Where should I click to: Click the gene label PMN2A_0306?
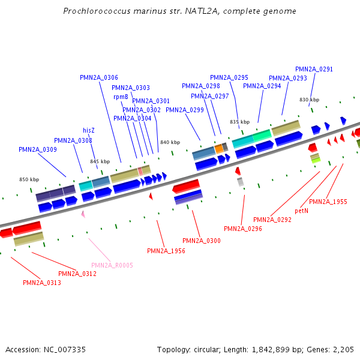tap(99, 77)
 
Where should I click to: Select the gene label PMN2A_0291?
tap(314, 69)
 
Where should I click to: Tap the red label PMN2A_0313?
tap(42, 283)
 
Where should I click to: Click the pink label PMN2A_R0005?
tap(112, 265)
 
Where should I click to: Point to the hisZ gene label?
tap(89, 130)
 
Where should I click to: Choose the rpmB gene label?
tap(121, 97)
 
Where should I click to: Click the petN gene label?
tap(302, 211)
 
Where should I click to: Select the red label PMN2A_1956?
tap(166, 250)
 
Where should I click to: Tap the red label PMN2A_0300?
tap(202, 241)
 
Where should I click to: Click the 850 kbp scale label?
tap(29, 179)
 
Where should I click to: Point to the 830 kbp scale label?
tap(309, 100)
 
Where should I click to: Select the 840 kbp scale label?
tap(170, 142)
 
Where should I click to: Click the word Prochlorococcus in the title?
tap(97, 11)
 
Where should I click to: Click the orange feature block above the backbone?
tap(219, 148)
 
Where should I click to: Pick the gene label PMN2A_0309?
tap(38, 149)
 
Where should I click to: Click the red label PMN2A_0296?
tap(243, 229)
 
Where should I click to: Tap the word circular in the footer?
tap(212, 349)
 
